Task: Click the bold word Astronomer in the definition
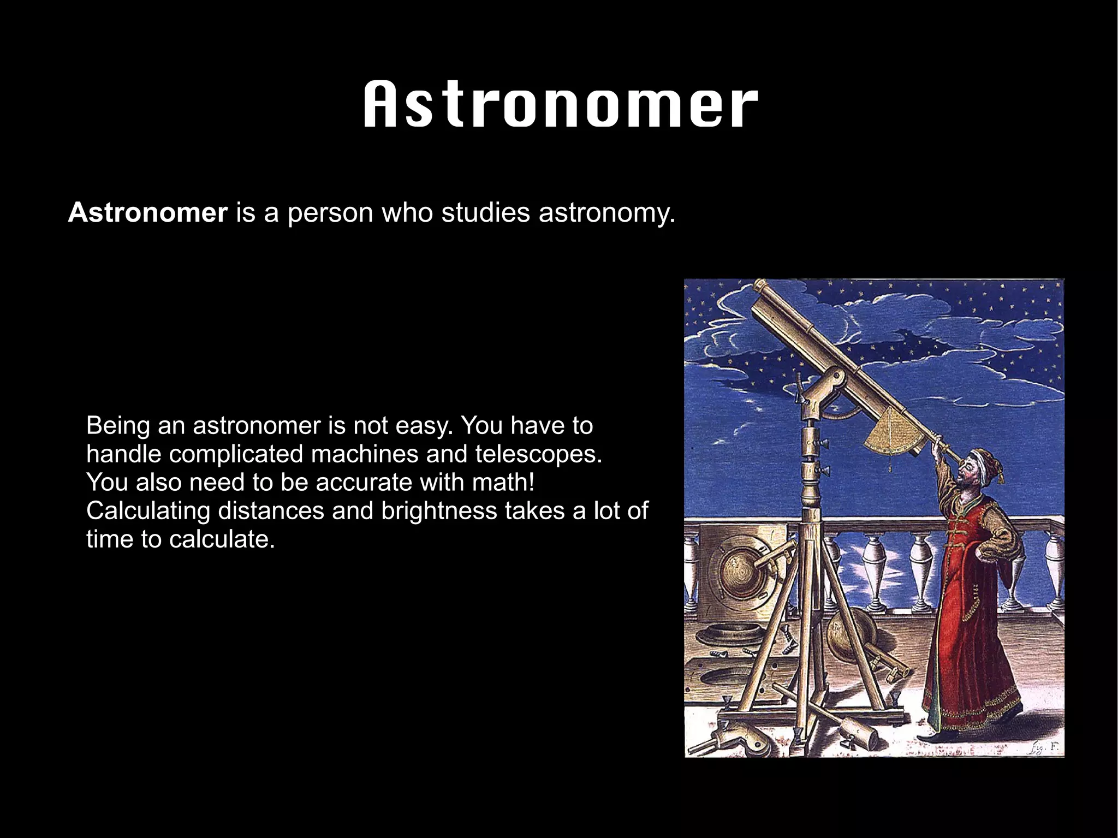[x=147, y=212]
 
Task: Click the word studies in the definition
[x=485, y=212]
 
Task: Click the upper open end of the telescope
[x=759, y=286]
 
